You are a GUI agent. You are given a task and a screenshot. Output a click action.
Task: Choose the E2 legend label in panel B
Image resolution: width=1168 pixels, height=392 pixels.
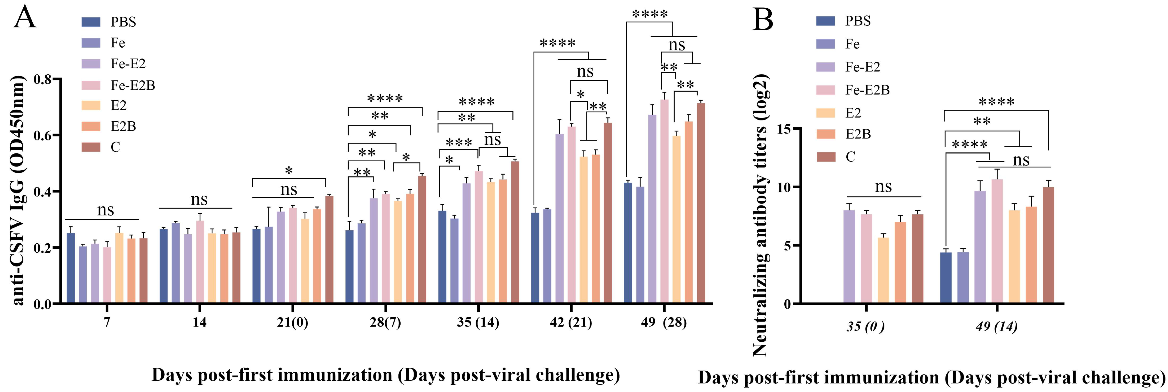tap(853, 113)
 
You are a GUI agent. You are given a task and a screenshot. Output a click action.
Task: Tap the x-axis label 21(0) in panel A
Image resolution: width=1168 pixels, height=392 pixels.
tap(292, 323)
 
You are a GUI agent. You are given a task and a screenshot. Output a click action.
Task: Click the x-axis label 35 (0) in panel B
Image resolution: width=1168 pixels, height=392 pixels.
tap(865, 327)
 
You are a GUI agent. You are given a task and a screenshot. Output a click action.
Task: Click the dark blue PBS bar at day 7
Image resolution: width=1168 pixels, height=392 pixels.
tap(71, 268)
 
